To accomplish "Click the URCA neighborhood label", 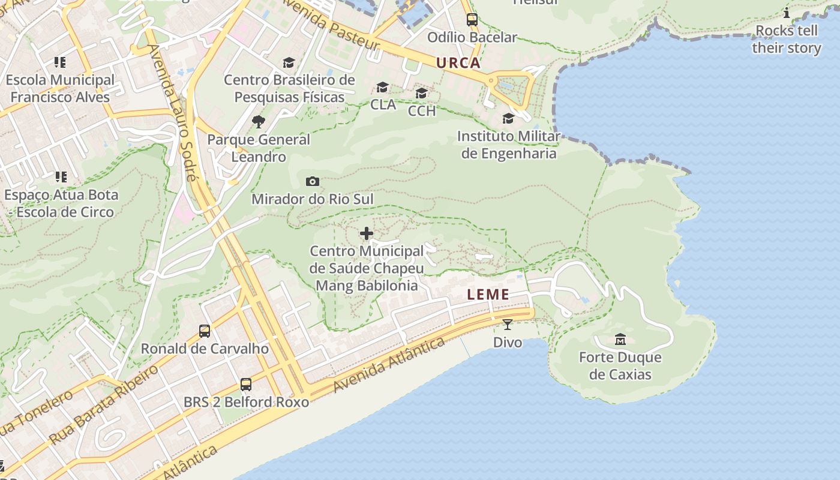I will [x=458, y=63].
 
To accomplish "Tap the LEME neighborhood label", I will [x=488, y=295].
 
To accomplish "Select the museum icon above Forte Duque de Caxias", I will [x=620, y=340].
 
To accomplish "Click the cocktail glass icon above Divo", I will [x=508, y=325].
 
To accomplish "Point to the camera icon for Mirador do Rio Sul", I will [x=313, y=181].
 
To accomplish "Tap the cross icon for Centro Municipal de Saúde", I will [x=367, y=233].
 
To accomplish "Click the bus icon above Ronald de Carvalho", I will [x=205, y=331].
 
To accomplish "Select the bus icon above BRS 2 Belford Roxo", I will [x=246, y=384].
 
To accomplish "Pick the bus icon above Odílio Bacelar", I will [x=472, y=20].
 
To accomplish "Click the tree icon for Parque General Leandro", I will [x=259, y=122].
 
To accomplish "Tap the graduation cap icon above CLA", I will [x=383, y=88].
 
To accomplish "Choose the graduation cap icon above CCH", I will [x=422, y=94].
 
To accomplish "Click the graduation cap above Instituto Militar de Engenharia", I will [x=508, y=118].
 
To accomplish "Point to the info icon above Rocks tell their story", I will [x=787, y=13].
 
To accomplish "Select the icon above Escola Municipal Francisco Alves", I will [x=59, y=62].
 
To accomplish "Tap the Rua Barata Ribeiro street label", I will [x=104, y=404].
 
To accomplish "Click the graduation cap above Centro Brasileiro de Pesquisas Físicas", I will [x=289, y=62].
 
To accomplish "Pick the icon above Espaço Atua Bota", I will [x=61, y=177].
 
